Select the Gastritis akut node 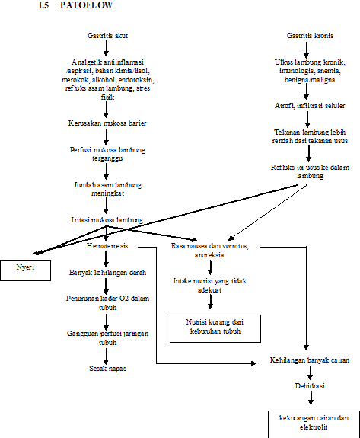coord(106,36)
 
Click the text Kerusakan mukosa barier coord(107,122)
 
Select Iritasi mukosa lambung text coord(107,220)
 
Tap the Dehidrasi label coord(308,386)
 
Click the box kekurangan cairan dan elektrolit coord(308,422)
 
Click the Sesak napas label coord(107,369)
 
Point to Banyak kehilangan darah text coord(107,271)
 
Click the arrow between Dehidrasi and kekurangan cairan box coord(308,401)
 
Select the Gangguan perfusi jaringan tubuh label coord(107,338)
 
